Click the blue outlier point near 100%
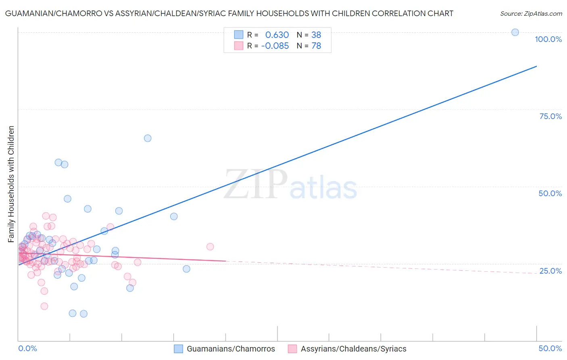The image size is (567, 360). pos(515,32)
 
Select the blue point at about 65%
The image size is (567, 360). pos(148,138)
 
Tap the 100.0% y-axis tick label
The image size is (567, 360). pos(548,39)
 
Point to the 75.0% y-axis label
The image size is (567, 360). pos(550,116)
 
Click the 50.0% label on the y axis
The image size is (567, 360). pos(550,193)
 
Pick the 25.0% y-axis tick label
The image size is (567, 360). pos(550,271)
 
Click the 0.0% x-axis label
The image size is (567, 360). pos(27,348)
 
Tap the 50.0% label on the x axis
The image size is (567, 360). pos(550,348)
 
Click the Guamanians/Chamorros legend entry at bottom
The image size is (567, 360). pos(231,349)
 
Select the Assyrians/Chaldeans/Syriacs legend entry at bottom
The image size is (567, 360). pos(353,349)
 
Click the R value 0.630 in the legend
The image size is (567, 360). pos(277,35)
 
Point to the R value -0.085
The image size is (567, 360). pos(275,46)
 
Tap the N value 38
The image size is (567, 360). pos(316,35)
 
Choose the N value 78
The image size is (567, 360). pos(316,46)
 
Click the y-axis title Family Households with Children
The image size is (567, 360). pos(11,184)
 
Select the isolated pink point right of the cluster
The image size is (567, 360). pos(210,247)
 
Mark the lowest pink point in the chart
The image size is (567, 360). pos(44,306)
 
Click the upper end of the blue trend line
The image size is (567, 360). pos(536,66)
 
